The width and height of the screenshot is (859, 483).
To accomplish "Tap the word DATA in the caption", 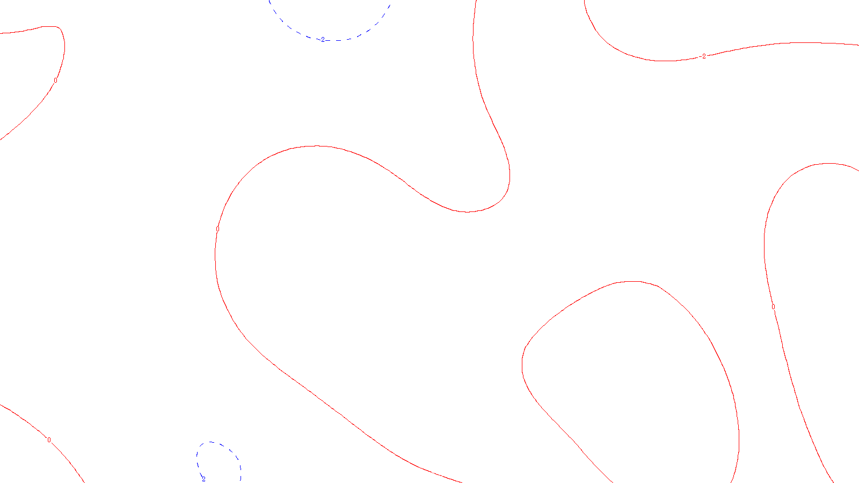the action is [x=454, y=474].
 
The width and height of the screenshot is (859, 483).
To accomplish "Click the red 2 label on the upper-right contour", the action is [x=704, y=56].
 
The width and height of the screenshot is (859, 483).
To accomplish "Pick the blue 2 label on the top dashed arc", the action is [x=323, y=40].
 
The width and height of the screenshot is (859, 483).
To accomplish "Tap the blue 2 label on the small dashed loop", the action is [x=203, y=479].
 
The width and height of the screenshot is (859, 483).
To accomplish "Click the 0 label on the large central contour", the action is [x=217, y=229].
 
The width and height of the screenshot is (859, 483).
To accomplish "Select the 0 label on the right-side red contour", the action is [x=773, y=307].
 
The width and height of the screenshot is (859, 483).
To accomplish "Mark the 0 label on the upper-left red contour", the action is [x=55, y=80].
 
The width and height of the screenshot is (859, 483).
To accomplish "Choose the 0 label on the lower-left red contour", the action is [x=49, y=440].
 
